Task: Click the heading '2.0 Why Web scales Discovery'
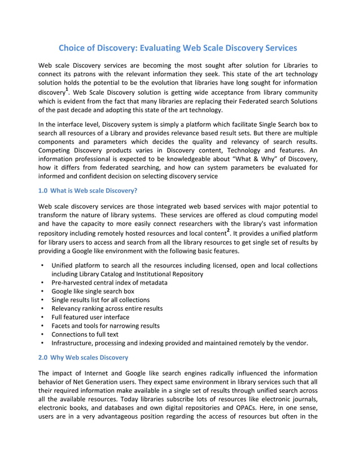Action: (x=83, y=357)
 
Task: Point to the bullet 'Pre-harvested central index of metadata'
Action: (x=109, y=283)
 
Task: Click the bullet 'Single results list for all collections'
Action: (x=100, y=300)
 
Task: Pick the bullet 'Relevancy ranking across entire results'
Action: (x=107, y=309)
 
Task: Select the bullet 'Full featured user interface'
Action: (x=90, y=317)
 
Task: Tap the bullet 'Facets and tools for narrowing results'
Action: (x=105, y=326)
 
